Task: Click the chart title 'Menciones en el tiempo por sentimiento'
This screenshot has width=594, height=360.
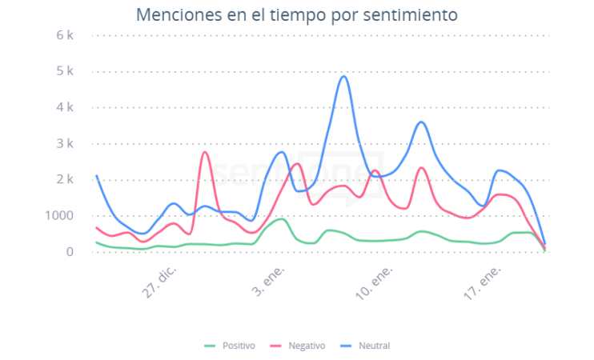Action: click(297, 15)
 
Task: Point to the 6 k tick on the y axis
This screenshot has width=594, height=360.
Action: click(65, 35)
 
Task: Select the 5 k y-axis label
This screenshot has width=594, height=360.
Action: click(65, 71)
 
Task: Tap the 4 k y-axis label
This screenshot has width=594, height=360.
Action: click(65, 107)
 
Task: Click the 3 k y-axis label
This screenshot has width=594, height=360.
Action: click(65, 143)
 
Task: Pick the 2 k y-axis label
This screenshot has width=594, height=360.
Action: click(65, 179)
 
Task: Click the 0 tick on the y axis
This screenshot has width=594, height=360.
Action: click(70, 251)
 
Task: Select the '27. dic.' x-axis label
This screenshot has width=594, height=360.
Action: click(161, 282)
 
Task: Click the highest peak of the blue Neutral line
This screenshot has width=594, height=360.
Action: click(343, 77)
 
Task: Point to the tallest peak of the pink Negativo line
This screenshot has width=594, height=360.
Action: click(205, 152)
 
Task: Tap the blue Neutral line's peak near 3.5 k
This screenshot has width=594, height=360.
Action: click(421, 122)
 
